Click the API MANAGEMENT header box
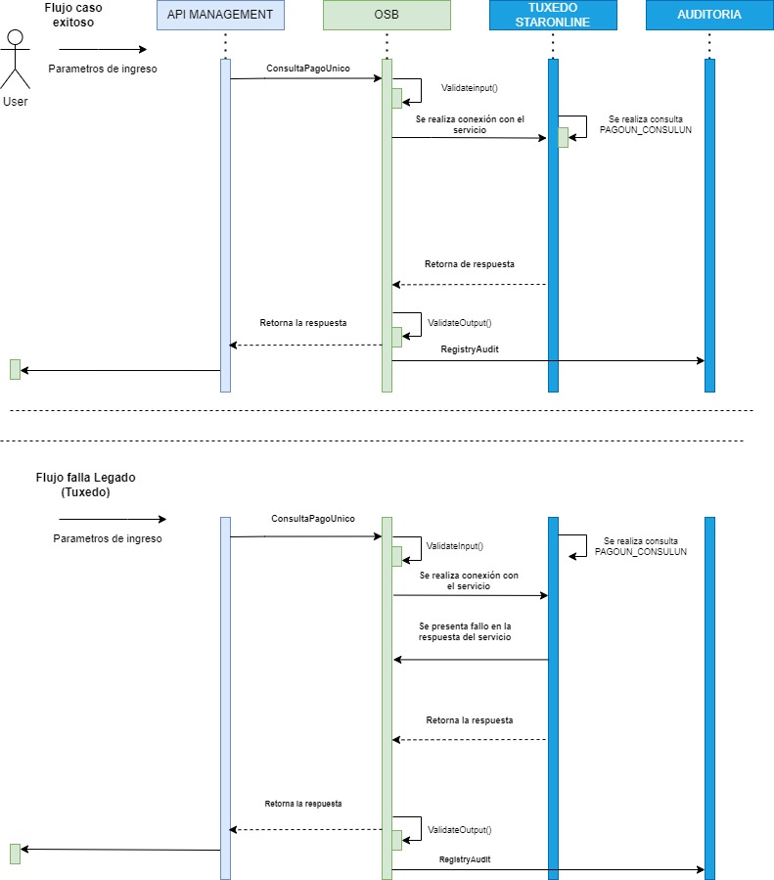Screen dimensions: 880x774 220,15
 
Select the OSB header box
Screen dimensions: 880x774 387,15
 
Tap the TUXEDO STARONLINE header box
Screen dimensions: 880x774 553,15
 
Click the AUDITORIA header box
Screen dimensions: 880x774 709,15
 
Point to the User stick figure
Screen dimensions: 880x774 15,59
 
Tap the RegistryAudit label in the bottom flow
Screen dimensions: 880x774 465,858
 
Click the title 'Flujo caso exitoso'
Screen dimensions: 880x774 73,14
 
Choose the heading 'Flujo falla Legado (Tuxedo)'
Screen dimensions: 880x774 85,485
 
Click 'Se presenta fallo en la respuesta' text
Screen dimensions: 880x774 465,631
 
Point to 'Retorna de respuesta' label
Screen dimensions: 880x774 470,264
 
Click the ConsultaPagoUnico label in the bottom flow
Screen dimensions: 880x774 313,519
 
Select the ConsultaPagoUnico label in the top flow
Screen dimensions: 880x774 308,69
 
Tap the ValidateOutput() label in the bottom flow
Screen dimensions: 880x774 460,830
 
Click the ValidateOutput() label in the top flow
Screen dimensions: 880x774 460,322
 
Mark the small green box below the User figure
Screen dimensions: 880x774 15,369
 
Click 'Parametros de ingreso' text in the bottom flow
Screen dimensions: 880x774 108,538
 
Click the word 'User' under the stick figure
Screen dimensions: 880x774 16,102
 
